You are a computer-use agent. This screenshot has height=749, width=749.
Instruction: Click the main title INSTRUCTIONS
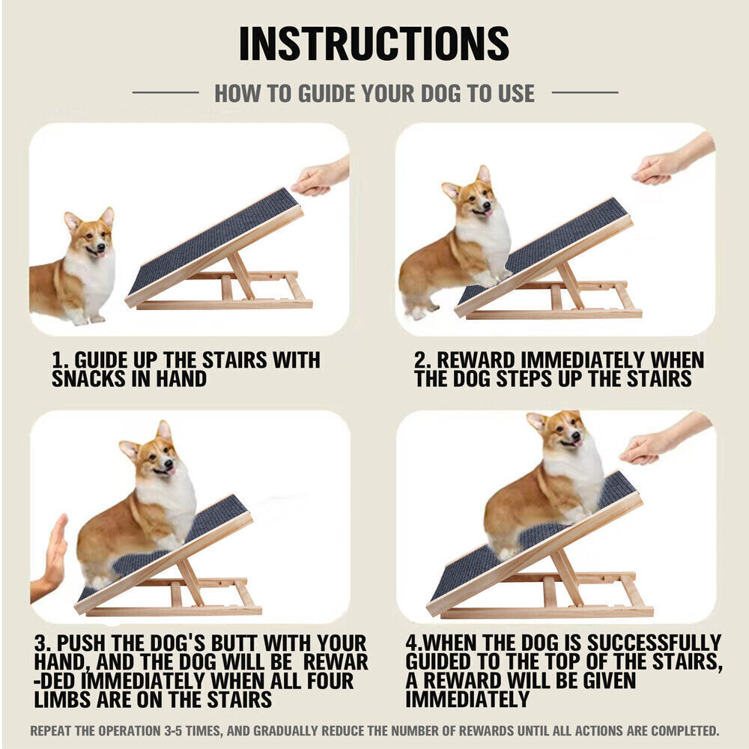(374, 43)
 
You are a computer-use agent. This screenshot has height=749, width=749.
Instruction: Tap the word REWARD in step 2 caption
(476, 360)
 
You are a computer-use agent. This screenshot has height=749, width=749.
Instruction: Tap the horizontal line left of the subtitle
(166, 93)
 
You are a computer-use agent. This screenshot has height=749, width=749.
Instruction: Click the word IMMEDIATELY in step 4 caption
(467, 700)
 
